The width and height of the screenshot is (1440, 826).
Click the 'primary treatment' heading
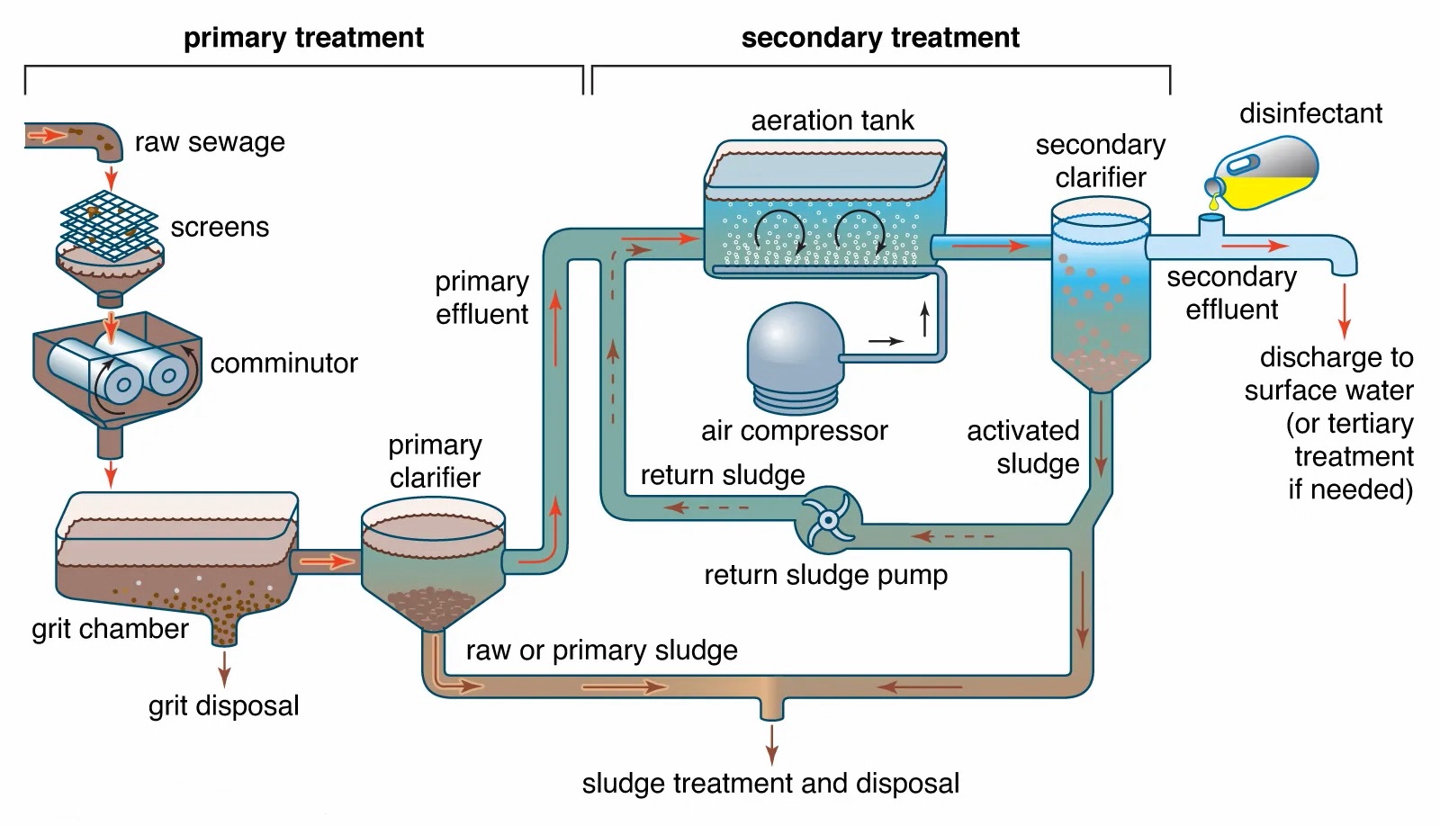[303, 38]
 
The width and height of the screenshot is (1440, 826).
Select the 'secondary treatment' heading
[880, 38]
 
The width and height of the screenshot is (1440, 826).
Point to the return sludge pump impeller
[829, 519]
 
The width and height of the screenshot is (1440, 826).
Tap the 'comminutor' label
[283, 364]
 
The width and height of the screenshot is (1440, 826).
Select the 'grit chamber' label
[110, 629]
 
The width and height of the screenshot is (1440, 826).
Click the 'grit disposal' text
[224, 705]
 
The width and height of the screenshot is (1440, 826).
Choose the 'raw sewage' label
[210, 142]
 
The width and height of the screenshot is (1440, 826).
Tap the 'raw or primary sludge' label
[602, 651]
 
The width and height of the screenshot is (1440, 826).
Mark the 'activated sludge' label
[1022, 447]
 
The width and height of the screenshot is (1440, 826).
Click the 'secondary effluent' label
[1232, 293]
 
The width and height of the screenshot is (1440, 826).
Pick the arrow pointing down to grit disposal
[224, 669]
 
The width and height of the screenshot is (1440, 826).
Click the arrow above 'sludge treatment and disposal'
[771, 745]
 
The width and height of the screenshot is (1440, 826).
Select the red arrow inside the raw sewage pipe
[47, 135]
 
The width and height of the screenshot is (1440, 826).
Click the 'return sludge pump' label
[825, 575]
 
